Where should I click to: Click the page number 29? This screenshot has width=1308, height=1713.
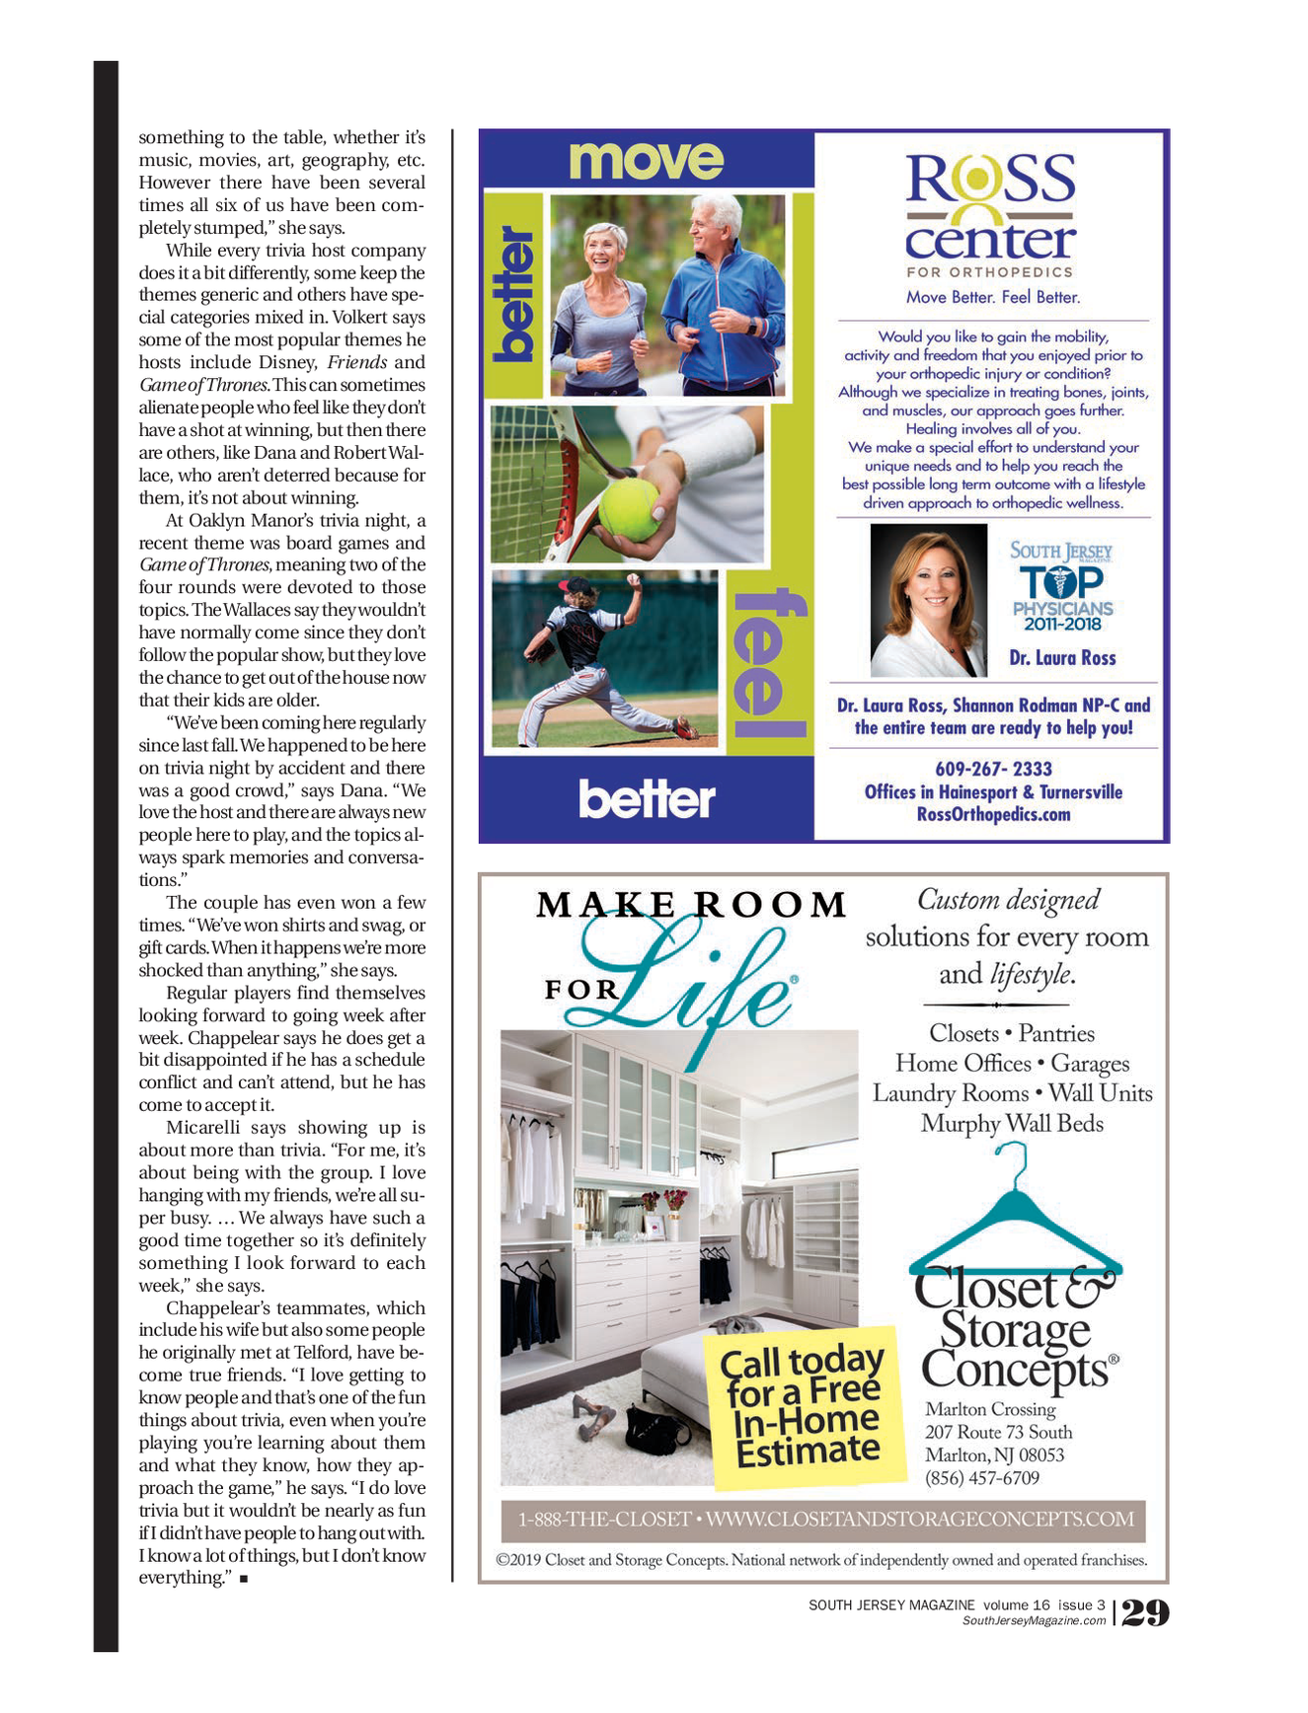pos(1146,1612)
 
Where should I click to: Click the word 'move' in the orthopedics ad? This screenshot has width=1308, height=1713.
pos(647,160)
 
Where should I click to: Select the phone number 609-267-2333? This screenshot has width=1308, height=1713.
pos(993,769)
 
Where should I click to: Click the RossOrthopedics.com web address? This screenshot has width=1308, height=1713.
pos(993,814)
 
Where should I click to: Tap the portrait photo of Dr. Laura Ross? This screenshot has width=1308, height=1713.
pos(929,600)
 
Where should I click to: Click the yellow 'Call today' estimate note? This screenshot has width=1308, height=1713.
pos(805,1406)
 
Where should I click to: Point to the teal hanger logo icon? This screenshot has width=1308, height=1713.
pos(1014,1214)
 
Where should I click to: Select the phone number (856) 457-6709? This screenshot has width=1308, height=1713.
pos(981,1477)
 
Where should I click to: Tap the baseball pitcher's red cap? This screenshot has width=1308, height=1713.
pos(576,584)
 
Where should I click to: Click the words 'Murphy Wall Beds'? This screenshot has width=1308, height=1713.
pos(1012,1123)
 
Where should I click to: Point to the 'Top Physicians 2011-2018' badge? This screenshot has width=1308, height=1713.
pos(1062,587)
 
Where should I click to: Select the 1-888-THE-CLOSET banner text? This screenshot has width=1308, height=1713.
pos(825,1519)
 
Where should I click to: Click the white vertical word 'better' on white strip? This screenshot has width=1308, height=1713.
pos(513,294)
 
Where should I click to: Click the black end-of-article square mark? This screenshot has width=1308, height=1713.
pos(243,1579)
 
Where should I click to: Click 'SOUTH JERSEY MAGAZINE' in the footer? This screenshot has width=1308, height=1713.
pos(890,1605)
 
